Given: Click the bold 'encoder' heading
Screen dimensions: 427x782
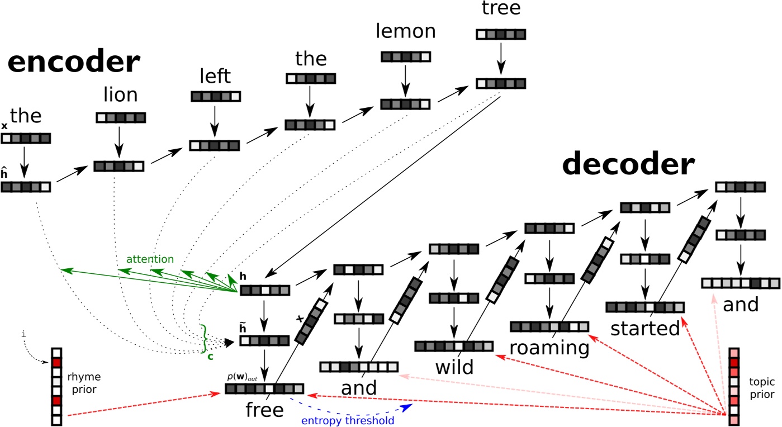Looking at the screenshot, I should coord(73,63).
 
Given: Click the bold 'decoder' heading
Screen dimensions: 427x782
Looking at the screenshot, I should coord(628,165).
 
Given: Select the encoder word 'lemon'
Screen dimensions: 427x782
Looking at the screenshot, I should coord(406,31).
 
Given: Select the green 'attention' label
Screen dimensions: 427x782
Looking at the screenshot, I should coord(149,259).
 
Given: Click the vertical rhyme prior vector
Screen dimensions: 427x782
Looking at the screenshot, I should coord(56,386).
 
